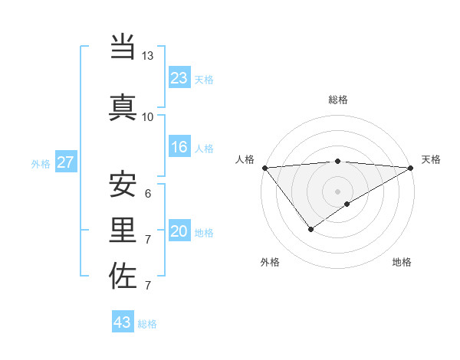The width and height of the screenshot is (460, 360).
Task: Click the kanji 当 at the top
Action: [123, 47]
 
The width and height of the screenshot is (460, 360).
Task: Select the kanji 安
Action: [123, 184]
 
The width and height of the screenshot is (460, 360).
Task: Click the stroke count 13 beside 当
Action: [147, 56]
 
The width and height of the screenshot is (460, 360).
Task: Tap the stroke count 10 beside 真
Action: [147, 116]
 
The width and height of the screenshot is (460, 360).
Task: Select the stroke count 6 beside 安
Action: [147, 193]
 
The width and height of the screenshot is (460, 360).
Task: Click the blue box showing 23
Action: [179, 78]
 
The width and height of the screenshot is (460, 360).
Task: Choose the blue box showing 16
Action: [179, 147]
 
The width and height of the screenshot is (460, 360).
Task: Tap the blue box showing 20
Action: [179, 231]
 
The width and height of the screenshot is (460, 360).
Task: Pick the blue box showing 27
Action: [65, 162]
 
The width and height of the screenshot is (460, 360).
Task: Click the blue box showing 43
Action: [122, 322]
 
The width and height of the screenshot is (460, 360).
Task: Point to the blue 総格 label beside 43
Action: [147, 324]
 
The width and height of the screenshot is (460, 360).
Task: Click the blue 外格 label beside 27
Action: [41, 164]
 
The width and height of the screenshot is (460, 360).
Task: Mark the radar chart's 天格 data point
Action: [411, 167]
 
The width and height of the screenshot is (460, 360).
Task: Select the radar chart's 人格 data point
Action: [264, 167]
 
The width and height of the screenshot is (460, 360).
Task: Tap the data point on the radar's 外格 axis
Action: [310, 228]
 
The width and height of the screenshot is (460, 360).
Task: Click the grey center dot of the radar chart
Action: [337, 191]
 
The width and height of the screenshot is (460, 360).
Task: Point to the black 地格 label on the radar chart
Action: [402, 262]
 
